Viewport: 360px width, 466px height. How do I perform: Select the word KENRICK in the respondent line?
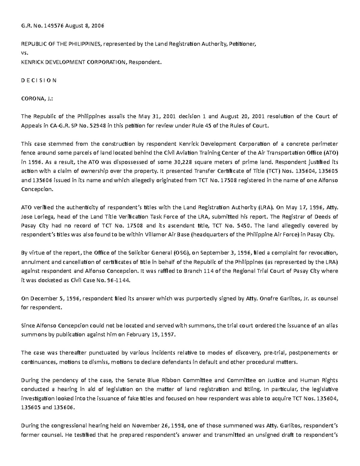coord(31,62)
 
